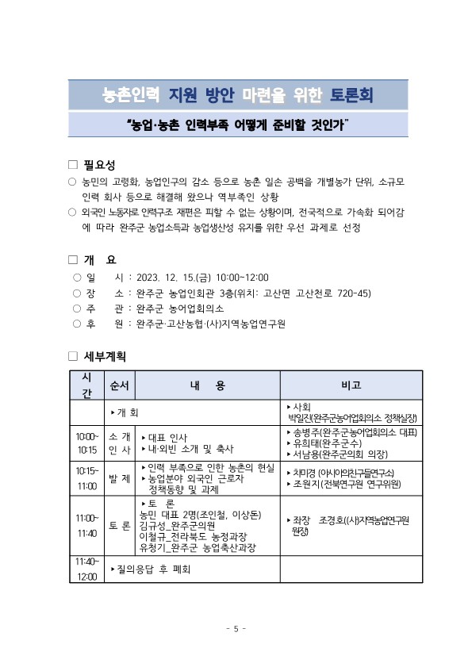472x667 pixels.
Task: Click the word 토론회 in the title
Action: point(350,96)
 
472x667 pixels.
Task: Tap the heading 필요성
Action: point(99,165)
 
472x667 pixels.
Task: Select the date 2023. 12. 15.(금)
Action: point(174,277)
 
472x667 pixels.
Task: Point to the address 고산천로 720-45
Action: point(333,293)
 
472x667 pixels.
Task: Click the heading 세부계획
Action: point(105,356)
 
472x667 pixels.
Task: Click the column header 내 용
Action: point(208,385)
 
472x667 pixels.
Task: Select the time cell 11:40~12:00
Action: point(87,569)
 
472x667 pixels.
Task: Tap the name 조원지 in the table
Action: point(305,483)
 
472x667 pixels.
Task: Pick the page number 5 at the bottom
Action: point(236,629)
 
